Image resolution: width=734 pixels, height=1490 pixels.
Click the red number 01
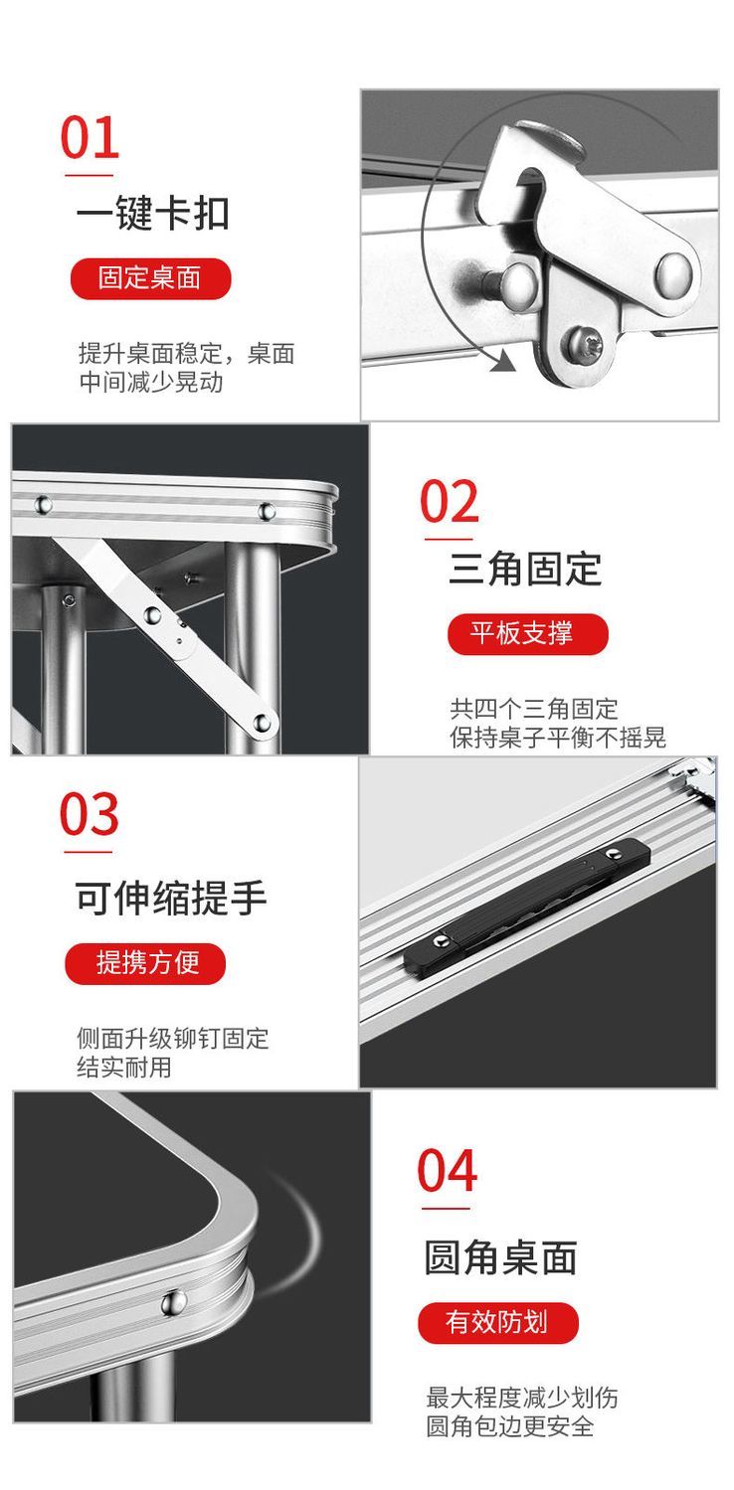tap(90, 138)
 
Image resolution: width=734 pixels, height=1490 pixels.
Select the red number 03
tap(90, 815)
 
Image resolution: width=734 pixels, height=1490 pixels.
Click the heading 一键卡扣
tap(152, 214)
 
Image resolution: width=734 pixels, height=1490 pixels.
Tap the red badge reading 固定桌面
tap(149, 278)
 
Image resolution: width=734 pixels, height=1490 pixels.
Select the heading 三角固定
tap(525, 570)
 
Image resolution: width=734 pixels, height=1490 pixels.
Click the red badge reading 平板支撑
tap(526, 634)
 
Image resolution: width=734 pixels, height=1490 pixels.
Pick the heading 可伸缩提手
tap(171, 898)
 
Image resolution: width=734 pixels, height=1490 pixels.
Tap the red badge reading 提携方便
tap(146, 963)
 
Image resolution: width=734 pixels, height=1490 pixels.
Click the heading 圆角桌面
tap(500, 1257)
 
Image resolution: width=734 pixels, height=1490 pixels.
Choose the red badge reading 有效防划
tap(497, 1323)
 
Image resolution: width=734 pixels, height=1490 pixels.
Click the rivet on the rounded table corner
tap(174, 1301)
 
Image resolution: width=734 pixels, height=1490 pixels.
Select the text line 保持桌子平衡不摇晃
tap(558, 738)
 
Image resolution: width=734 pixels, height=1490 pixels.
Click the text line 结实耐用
tap(124, 1068)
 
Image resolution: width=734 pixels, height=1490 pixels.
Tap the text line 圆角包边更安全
tap(510, 1426)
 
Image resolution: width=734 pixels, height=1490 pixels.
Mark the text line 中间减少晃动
tap(151, 382)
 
